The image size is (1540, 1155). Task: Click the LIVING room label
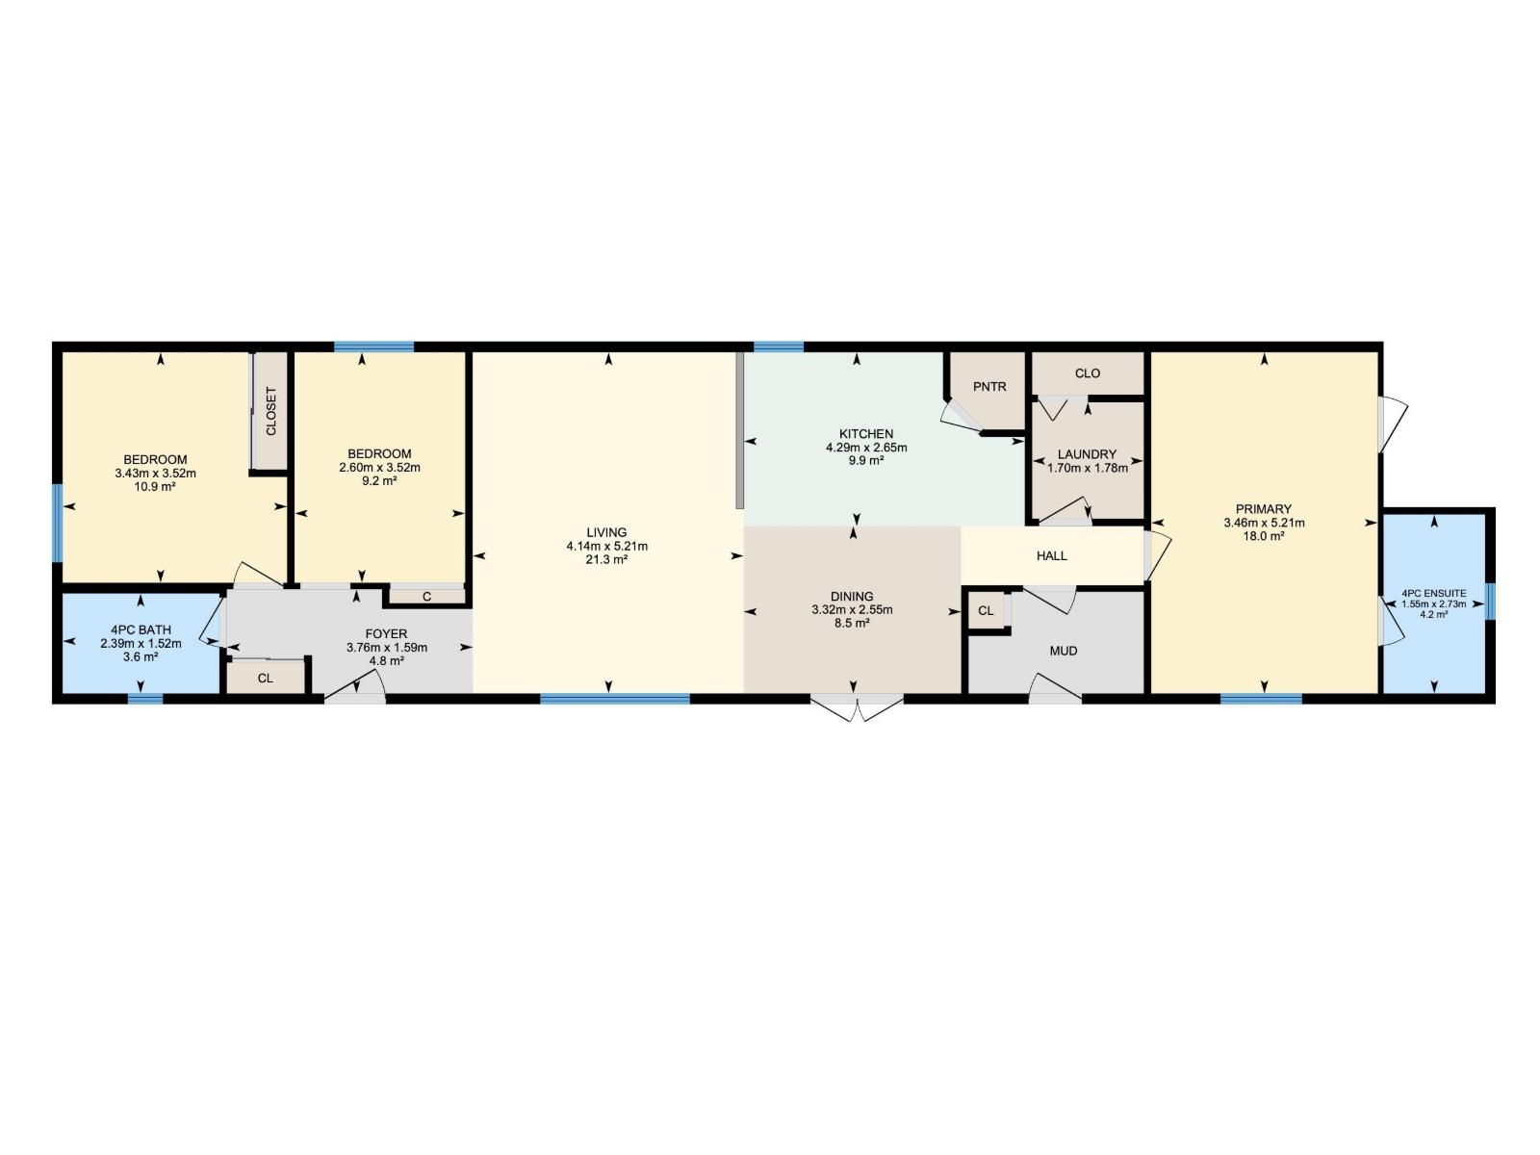pyautogui.click(x=606, y=532)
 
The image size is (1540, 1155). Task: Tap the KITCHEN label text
pyautogui.click(x=866, y=434)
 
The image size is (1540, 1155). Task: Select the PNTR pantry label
pyautogui.click(x=989, y=387)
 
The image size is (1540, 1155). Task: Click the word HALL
pyautogui.click(x=1052, y=556)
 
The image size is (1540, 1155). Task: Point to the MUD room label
pyautogui.click(x=1064, y=652)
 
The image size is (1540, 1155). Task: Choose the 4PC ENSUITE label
pyautogui.click(x=1434, y=594)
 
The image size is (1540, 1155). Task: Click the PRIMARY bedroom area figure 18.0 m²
pyautogui.click(x=1264, y=536)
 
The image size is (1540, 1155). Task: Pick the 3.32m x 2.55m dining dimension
pyautogui.click(x=852, y=610)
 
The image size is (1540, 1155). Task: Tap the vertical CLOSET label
pyautogui.click(x=270, y=411)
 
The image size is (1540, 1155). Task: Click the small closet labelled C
pyautogui.click(x=426, y=597)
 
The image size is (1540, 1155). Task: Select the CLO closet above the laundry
pyautogui.click(x=1088, y=373)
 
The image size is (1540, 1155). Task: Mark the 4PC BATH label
pyautogui.click(x=141, y=630)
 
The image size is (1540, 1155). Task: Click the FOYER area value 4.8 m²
pyautogui.click(x=386, y=661)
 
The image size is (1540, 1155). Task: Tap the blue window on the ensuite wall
pyautogui.click(x=1490, y=602)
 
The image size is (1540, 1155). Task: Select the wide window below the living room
pyautogui.click(x=614, y=699)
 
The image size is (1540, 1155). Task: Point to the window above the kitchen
pyautogui.click(x=778, y=346)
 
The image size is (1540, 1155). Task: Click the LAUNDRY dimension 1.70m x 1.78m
pyautogui.click(x=1088, y=468)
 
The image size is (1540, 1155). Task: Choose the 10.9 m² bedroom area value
pyautogui.click(x=155, y=487)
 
